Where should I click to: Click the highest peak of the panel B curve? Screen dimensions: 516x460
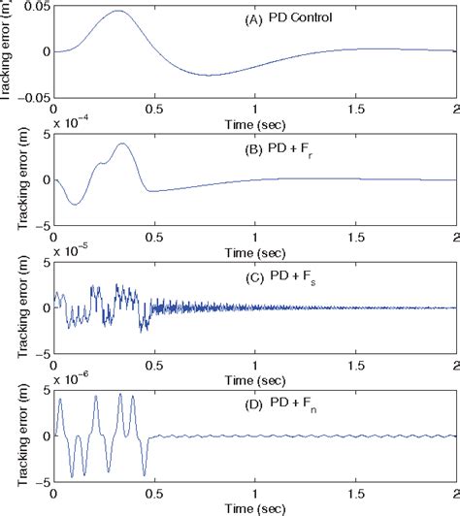pos(122,144)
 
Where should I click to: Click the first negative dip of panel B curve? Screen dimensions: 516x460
pos(75,204)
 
